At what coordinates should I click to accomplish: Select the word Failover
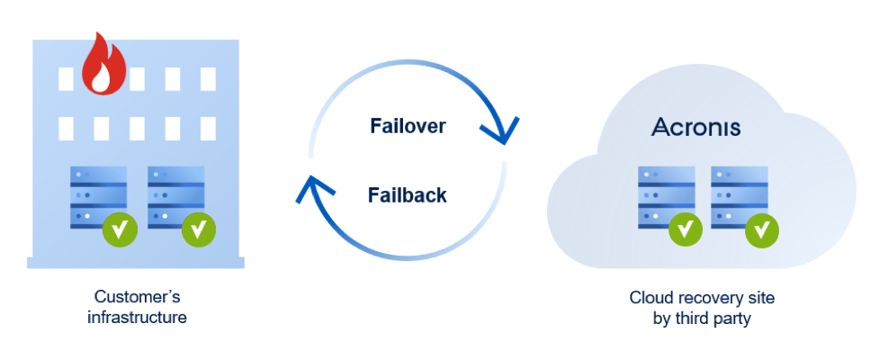coord(408,126)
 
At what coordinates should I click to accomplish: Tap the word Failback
coord(408,194)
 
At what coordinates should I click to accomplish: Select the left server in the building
coord(98,196)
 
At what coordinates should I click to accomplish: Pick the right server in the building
coord(175,196)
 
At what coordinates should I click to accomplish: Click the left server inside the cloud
coord(666,195)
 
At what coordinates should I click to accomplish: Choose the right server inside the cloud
coord(739,195)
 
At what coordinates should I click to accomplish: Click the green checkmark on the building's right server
coord(198,230)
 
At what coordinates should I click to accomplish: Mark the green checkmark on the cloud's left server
coord(686,229)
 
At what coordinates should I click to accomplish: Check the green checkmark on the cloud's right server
coord(763,230)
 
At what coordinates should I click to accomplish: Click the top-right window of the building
coord(209,78)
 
